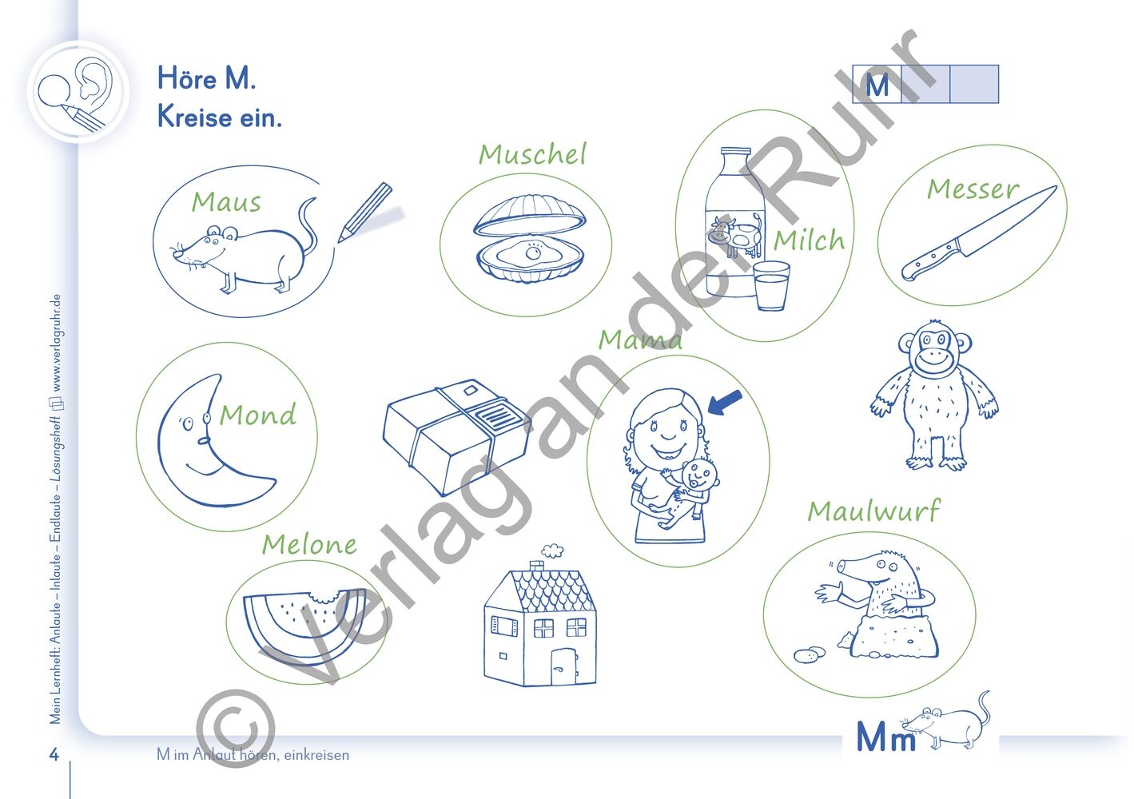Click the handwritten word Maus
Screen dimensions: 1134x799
226,202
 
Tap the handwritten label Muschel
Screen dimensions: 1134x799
532,154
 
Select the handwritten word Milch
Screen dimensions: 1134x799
809,240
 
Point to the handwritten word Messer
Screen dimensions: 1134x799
973,189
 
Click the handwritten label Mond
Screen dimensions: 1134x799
257,415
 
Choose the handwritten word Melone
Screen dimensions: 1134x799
309,544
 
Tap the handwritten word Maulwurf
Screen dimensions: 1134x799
873,510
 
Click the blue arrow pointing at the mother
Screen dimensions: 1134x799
725,403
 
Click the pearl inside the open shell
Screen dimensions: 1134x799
532,252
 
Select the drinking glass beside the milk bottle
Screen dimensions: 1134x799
771,285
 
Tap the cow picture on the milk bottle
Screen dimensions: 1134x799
735,236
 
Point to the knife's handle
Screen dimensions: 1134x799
930,260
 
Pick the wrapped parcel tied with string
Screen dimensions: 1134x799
457,437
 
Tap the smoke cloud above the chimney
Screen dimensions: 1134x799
551,550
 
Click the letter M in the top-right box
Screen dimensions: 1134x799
877,85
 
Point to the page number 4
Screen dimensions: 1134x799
54,754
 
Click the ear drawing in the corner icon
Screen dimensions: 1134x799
94,78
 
